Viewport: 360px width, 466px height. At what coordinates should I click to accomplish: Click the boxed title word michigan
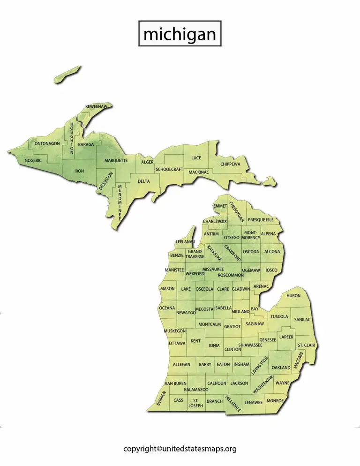pos(180,34)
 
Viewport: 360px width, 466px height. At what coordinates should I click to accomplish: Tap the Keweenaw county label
pos(96,107)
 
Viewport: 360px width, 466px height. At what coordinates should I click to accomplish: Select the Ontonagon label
pos(47,143)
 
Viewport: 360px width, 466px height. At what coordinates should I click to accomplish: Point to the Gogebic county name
pos(33,160)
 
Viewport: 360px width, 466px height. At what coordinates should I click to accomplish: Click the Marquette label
pos(116,160)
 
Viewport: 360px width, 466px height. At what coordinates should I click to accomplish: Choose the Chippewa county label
pos(230,164)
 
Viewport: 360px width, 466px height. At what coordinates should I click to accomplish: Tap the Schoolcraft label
pos(169,169)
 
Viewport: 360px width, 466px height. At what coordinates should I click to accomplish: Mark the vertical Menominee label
pos(120,202)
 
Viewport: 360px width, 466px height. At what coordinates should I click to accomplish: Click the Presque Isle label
pos(261,220)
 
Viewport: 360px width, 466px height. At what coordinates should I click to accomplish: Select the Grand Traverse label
pos(195,254)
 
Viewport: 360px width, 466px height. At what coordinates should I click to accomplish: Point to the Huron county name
pos(293,296)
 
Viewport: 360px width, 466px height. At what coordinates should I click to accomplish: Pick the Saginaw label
pos(255,323)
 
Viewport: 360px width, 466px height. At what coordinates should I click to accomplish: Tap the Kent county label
pos(195,341)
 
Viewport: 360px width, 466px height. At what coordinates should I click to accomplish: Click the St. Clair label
pos(306,346)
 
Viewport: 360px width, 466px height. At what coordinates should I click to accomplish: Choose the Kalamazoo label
pos(196,390)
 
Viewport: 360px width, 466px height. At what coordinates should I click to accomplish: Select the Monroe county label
pos(275,401)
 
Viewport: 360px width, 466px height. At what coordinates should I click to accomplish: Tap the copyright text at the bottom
pos(180,449)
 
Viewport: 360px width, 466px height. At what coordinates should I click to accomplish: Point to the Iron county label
pos(79,171)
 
